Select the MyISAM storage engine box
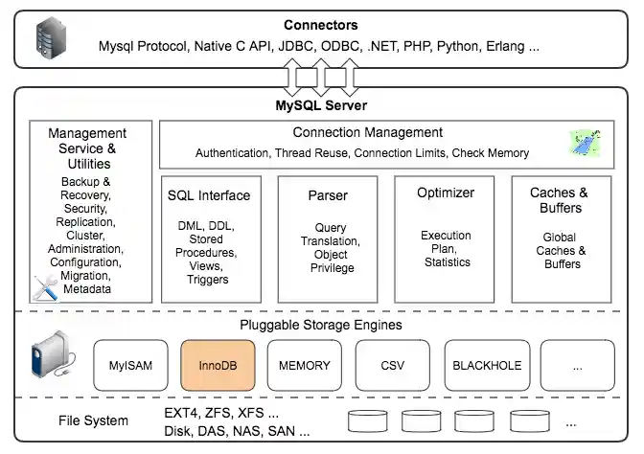[x=130, y=365]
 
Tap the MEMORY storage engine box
[x=304, y=365]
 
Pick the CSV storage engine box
[x=391, y=365]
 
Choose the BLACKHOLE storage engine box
[x=486, y=365]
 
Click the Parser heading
[x=328, y=195]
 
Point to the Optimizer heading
[x=446, y=193]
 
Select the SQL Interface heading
[x=209, y=195]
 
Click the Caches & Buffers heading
[x=559, y=199]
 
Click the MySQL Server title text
[x=321, y=105]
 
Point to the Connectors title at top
[x=321, y=25]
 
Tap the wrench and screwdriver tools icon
[x=45, y=286]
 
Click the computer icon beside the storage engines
[x=49, y=356]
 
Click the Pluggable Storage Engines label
[x=320, y=325]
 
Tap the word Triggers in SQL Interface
[x=208, y=280]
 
